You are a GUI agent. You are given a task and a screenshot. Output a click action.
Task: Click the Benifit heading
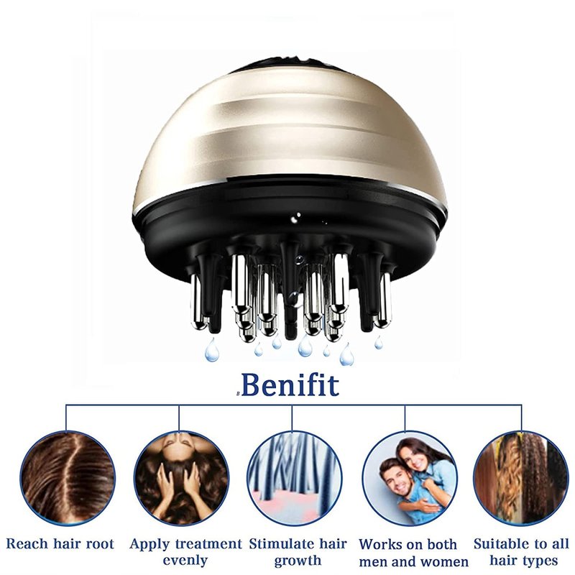click(x=290, y=385)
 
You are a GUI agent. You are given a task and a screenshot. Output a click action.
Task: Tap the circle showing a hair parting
click(x=68, y=478)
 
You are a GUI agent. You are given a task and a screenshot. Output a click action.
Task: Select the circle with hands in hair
click(x=181, y=478)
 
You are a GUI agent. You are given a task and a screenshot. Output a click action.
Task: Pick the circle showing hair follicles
click(x=295, y=478)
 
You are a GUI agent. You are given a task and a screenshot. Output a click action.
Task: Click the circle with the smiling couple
click(x=410, y=478)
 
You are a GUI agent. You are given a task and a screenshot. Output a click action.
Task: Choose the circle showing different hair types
click(x=521, y=478)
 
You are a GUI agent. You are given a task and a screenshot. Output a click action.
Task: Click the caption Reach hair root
click(x=60, y=544)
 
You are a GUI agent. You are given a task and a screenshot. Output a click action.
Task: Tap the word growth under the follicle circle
click(x=298, y=561)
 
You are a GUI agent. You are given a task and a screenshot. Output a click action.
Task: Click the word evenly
click(x=185, y=561)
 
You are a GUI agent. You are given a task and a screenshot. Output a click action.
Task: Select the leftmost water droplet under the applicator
click(x=211, y=350)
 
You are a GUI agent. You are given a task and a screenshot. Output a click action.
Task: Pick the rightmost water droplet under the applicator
click(x=379, y=343)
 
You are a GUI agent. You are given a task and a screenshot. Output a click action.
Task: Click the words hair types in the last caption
click(x=524, y=561)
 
